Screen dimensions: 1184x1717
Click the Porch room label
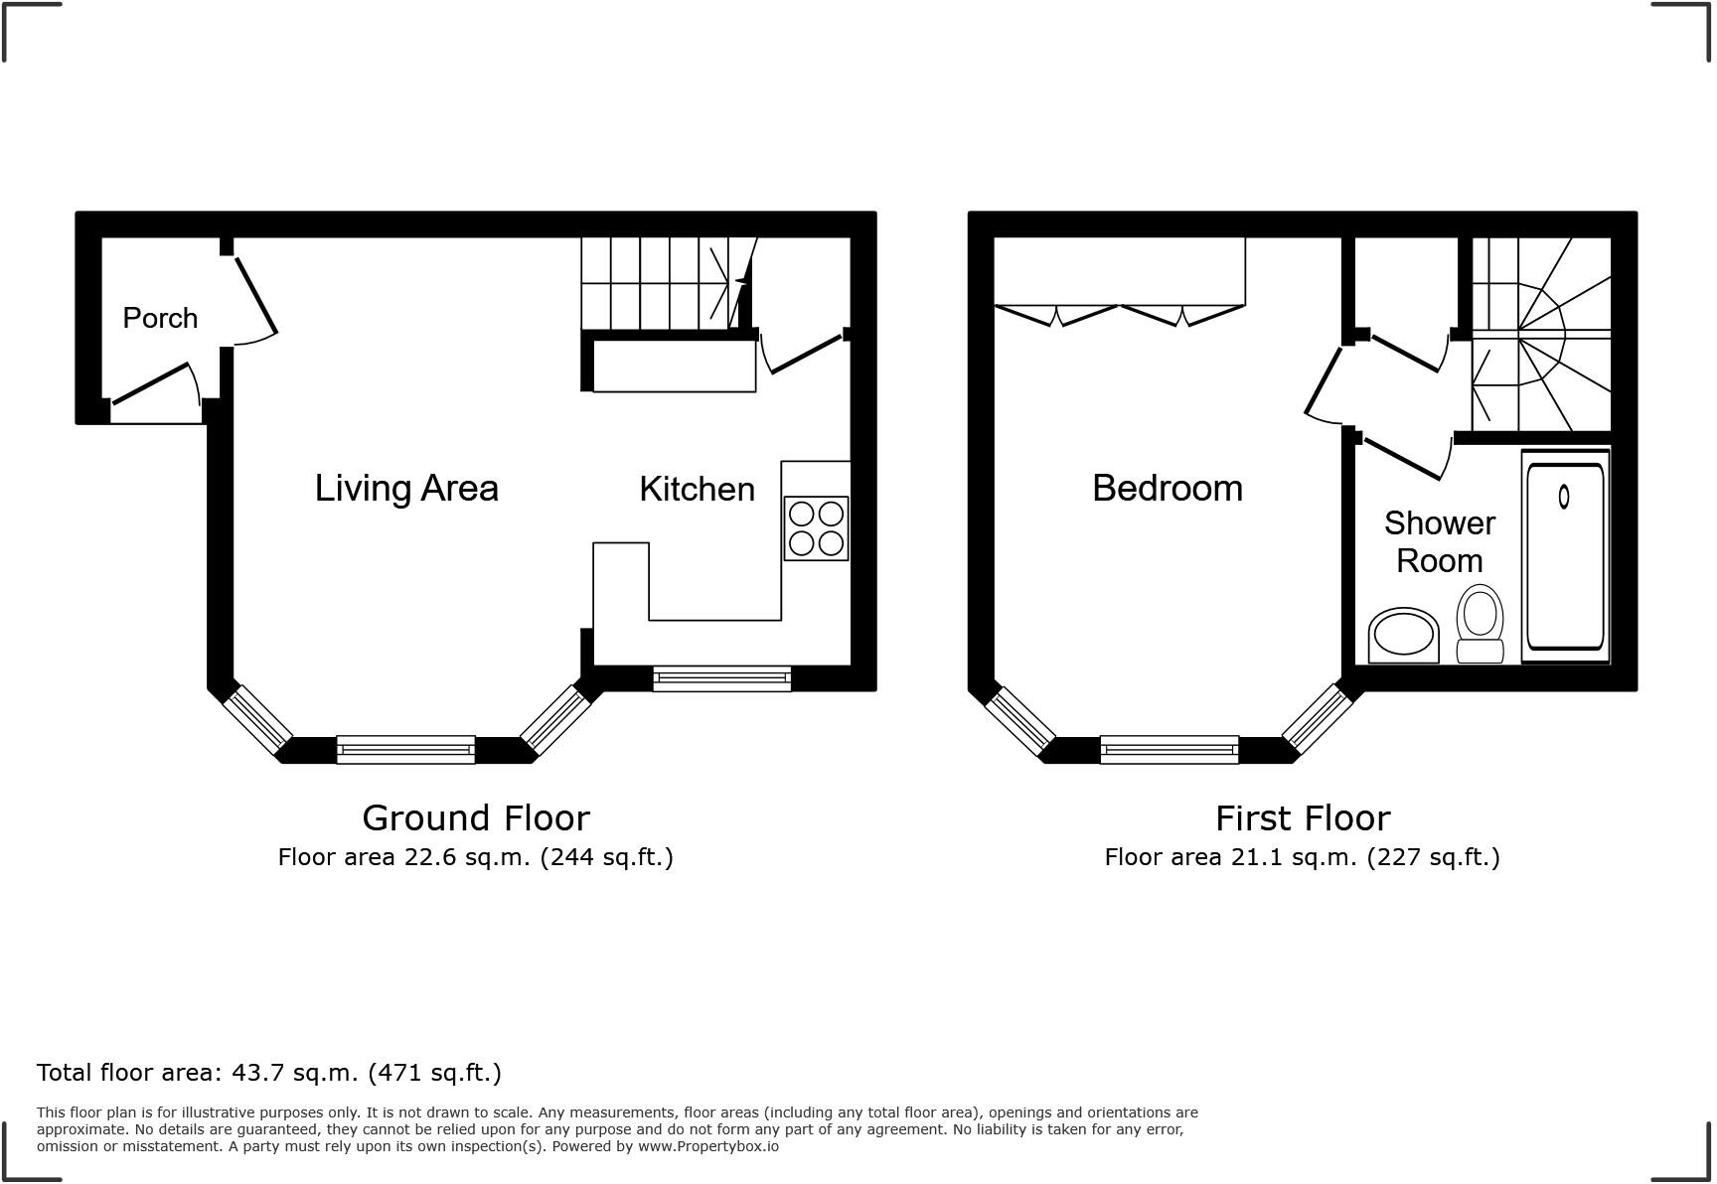[160, 318]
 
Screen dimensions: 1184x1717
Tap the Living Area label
[406, 488]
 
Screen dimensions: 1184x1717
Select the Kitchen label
[697, 489]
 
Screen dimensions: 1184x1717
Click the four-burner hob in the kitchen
[816, 528]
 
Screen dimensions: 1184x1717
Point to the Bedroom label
[1168, 488]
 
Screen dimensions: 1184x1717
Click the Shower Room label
[1439, 541]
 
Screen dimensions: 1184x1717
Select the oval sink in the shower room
[1403, 634]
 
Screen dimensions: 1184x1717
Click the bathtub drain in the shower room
[1563, 496]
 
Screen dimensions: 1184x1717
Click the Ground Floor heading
[476, 817]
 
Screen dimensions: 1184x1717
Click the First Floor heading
[1302, 817]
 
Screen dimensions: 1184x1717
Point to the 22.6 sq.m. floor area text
[476, 857]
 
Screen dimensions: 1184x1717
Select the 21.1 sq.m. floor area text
[1302, 857]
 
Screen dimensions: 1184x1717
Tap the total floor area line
[268, 1073]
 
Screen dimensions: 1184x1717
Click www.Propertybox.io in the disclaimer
[707, 1146]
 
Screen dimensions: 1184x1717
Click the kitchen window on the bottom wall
[721, 678]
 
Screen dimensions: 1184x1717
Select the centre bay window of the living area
[405, 749]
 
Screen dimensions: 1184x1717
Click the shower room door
[1406, 457]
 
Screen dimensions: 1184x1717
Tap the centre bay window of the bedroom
[1169, 749]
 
